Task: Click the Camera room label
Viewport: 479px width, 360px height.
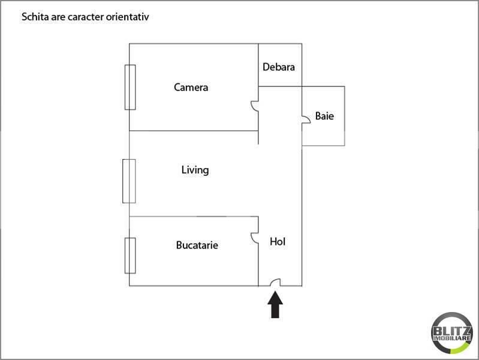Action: click(191, 88)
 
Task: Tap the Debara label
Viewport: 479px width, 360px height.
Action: click(279, 67)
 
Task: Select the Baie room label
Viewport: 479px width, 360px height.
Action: click(324, 116)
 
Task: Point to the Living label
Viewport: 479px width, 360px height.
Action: click(195, 170)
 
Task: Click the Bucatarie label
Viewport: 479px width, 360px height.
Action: click(197, 245)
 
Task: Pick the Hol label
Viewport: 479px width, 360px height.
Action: click(278, 242)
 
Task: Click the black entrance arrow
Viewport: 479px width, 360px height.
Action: click(275, 305)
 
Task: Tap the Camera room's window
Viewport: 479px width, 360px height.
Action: click(130, 87)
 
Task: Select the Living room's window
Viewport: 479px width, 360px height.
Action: click(129, 181)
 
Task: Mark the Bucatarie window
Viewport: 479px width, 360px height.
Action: click(130, 256)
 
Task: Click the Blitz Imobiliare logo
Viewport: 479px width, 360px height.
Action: click(452, 333)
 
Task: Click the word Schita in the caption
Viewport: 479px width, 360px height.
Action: click(35, 17)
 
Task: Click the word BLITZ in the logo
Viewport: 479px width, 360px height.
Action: click(452, 331)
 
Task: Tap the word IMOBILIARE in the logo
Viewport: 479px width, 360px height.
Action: click(452, 338)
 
